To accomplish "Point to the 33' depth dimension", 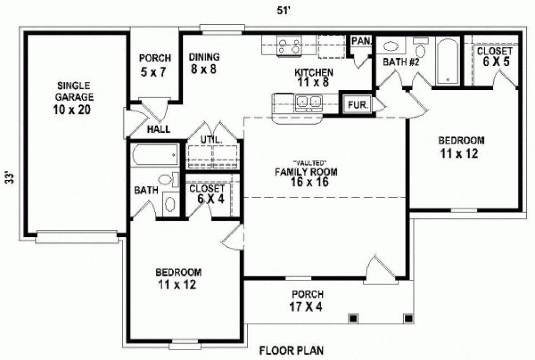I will pyautogui.click(x=9, y=179).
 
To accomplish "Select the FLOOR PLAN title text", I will pyautogui.click(x=292, y=350).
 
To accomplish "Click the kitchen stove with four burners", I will pyautogui.click(x=289, y=45).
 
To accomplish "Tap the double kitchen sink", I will pyautogui.click(x=307, y=101).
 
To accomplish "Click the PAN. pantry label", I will pyautogui.click(x=360, y=41).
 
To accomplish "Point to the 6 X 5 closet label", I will pyautogui.click(x=494, y=56).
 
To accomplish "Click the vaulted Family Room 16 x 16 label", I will pyautogui.click(x=306, y=173).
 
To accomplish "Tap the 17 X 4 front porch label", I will pyautogui.click(x=308, y=299).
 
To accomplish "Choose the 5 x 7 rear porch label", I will pyautogui.click(x=155, y=65).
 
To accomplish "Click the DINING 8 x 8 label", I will pyautogui.click(x=204, y=62).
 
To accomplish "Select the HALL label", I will pyautogui.click(x=159, y=130).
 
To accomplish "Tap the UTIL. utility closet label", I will pyautogui.click(x=211, y=140).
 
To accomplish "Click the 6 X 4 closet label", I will pyautogui.click(x=207, y=194).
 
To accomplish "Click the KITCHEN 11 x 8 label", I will pyautogui.click(x=314, y=78).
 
